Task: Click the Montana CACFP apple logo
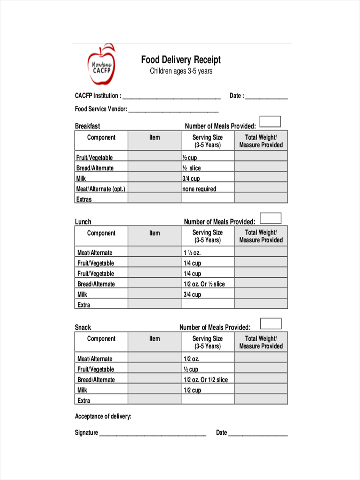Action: pos(102,65)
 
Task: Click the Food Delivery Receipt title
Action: pos(181,60)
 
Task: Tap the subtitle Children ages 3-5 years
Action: pos(181,71)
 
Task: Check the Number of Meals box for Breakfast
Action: pos(270,122)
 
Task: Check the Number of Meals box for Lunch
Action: pos(271,218)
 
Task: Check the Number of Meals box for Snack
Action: pos(271,324)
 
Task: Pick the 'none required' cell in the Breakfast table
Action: pos(199,189)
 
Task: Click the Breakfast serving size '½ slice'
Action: pos(192,168)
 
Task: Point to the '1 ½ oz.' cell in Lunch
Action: pos(192,253)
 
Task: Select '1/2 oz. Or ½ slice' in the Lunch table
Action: pos(204,284)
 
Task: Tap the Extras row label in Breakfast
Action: pos(84,199)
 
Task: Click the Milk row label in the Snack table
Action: pos(82,390)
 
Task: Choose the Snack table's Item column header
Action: pos(154,338)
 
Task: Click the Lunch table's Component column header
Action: pos(101,233)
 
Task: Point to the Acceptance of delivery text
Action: pos(103,416)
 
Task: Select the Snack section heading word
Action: pos(83,327)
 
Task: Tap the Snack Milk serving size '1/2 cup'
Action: pos(192,390)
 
